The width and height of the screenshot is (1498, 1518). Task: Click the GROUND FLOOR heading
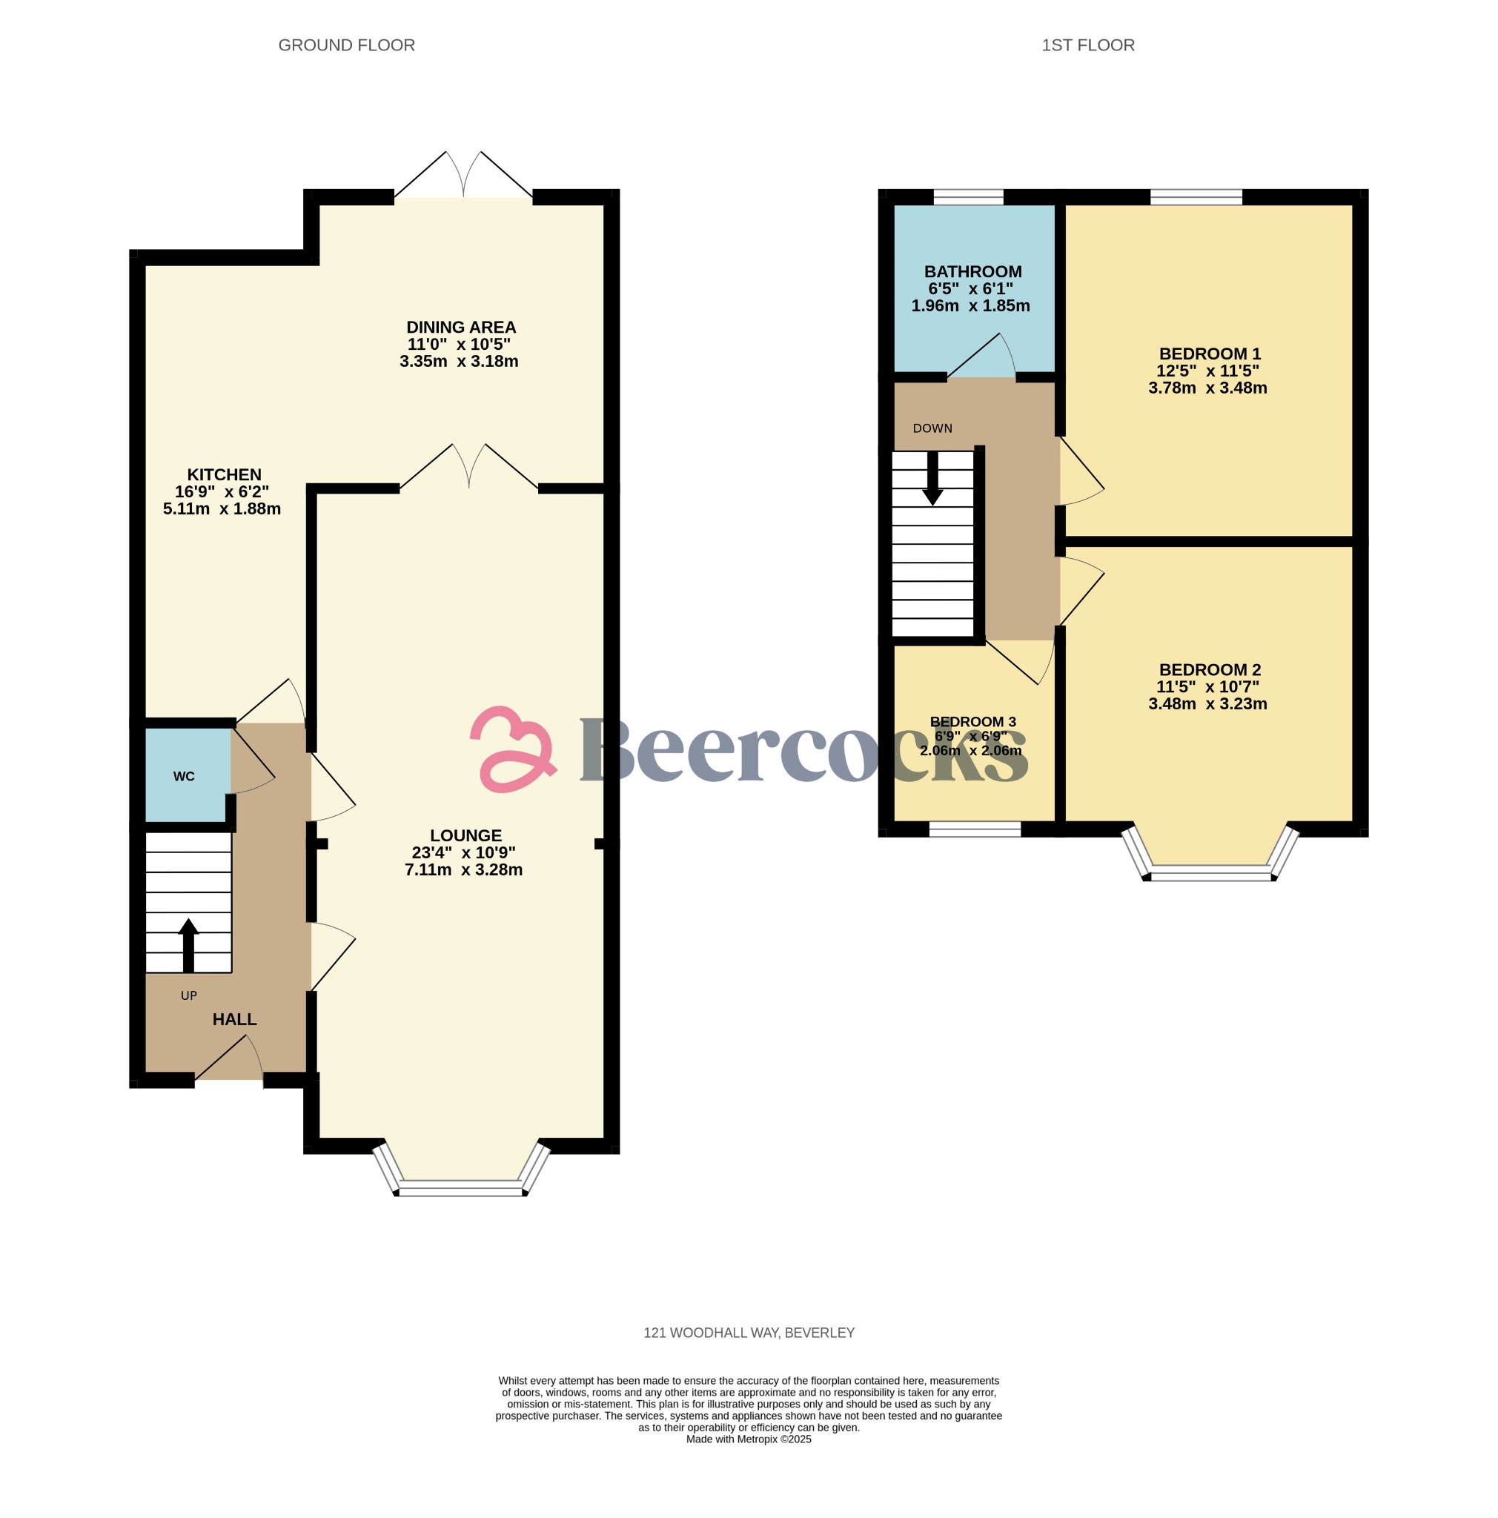(x=346, y=45)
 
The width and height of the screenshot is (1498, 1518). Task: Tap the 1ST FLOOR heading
(x=1087, y=45)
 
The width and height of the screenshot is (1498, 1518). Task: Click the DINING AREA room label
(x=460, y=328)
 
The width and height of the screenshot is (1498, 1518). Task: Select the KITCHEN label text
(x=224, y=474)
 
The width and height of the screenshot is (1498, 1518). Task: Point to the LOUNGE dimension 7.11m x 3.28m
(x=463, y=869)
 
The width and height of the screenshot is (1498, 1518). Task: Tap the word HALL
(x=234, y=1019)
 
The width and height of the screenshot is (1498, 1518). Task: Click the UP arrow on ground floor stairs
(x=188, y=944)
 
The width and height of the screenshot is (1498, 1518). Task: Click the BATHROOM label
(x=972, y=272)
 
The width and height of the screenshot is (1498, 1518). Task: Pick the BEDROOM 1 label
(x=1209, y=354)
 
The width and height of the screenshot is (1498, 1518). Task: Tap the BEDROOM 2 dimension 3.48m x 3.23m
(x=1207, y=704)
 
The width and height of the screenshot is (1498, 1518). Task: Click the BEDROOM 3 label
(x=972, y=721)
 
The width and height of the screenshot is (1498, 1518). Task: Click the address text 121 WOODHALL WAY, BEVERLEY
(x=748, y=1333)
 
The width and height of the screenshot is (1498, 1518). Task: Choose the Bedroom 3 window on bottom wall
(x=974, y=828)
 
